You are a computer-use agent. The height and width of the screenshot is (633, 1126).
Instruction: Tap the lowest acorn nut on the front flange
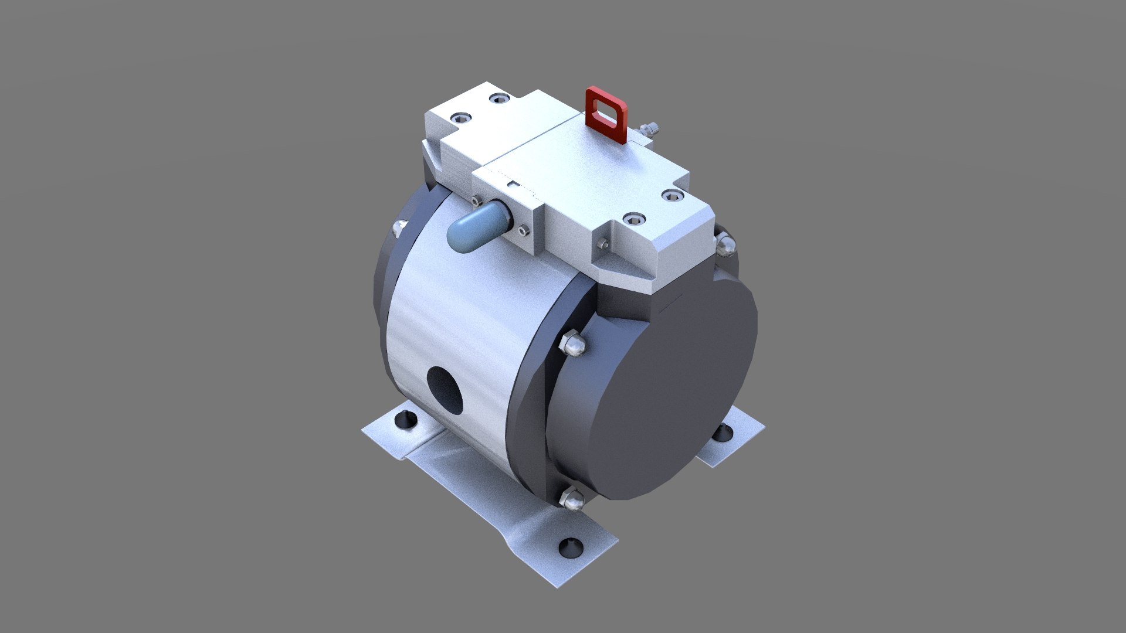click(571, 501)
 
